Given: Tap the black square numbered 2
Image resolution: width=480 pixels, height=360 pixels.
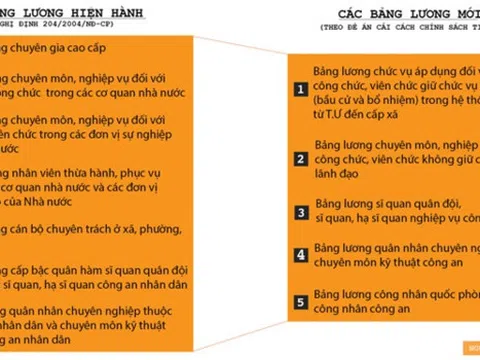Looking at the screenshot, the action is [298, 158].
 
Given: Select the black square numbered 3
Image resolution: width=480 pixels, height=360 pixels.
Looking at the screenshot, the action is [298, 212].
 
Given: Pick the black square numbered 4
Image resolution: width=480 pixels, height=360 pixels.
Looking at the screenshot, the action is [298, 255].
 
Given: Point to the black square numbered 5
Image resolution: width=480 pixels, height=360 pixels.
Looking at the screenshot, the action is [298, 300].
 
